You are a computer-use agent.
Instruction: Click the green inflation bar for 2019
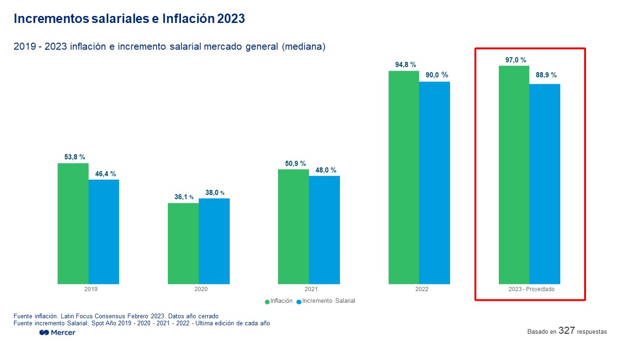pyautogui.click(x=73, y=224)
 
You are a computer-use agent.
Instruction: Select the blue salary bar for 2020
pyautogui.click(x=214, y=241)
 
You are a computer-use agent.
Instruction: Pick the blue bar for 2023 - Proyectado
pyautogui.click(x=545, y=184)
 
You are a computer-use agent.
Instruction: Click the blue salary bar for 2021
pyautogui.click(x=324, y=230)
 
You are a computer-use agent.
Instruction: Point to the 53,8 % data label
pyautogui.click(x=75, y=157)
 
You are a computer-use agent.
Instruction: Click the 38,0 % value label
pyautogui.click(x=215, y=193)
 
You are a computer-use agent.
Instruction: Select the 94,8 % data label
pyautogui.click(x=406, y=65)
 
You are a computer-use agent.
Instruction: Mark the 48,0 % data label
pyautogui.click(x=326, y=170)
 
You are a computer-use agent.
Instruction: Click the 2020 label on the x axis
pyautogui.click(x=201, y=289)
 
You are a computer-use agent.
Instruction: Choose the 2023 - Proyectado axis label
pyautogui.click(x=531, y=289)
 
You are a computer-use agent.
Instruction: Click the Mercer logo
pyautogui.click(x=58, y=332)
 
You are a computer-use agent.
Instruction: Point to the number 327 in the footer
pyautogui.click(x=567, y=331)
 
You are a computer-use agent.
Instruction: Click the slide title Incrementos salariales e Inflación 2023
pyautogui.click(x=129, y=19)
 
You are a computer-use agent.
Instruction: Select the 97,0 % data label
pyautogui.click(x=516, y=60)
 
